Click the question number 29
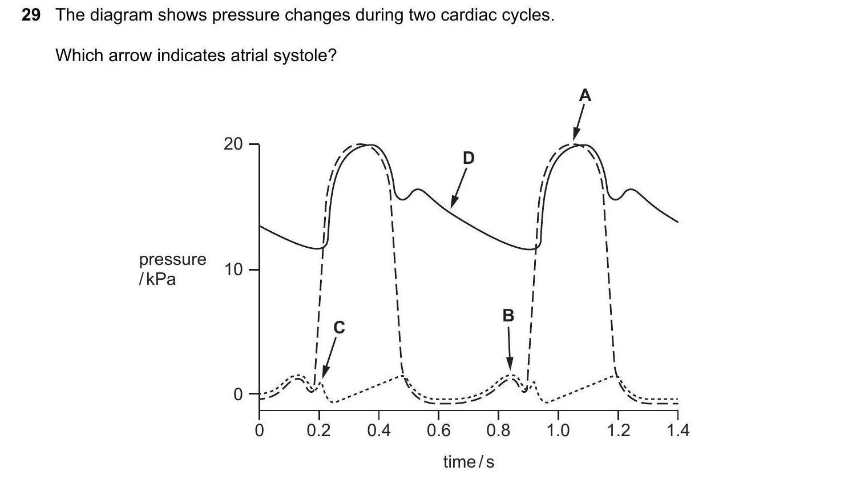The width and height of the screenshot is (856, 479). [31, 15]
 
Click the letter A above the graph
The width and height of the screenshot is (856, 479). [584, 95]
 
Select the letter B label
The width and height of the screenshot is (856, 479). [508, 315]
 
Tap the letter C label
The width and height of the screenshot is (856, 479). [339, 327]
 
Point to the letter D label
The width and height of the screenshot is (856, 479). [468, 158]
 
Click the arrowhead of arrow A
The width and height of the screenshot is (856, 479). [575, 139]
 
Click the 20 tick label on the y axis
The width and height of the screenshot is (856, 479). [233, 144]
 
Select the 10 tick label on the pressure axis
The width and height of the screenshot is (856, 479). [233, 269]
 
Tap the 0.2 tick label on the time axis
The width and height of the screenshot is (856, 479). [318, 429]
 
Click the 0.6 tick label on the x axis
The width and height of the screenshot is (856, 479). [438, 429]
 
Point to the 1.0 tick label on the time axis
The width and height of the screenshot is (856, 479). [558, 429]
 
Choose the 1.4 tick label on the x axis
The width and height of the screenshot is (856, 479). [677, 429]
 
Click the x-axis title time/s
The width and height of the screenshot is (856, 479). [469, 461]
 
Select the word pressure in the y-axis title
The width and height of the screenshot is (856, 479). [172, 259]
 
